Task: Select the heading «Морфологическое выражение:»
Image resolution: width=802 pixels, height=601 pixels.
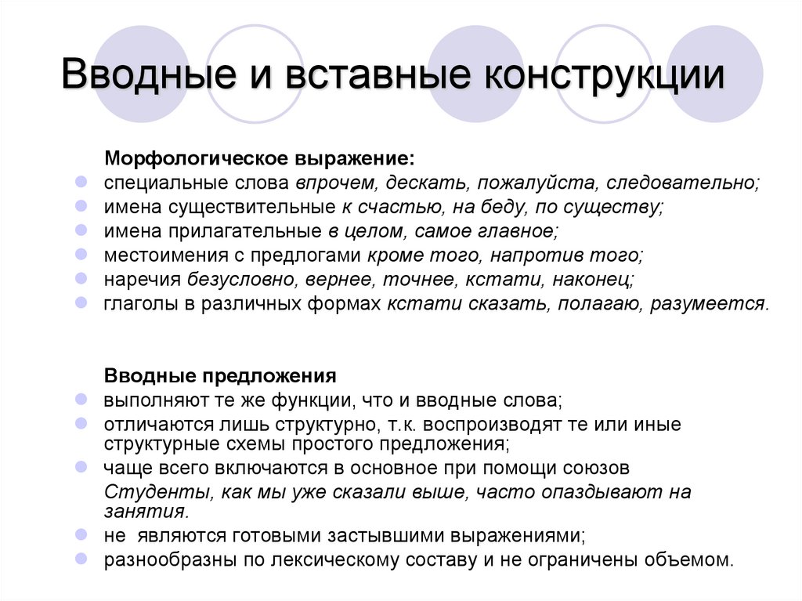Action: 261,159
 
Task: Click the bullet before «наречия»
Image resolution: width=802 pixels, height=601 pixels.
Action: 81,278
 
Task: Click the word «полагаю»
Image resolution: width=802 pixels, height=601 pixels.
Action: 598,304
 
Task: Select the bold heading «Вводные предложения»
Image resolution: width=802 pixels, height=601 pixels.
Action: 221,375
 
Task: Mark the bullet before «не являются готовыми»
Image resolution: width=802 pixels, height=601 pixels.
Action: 81,534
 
